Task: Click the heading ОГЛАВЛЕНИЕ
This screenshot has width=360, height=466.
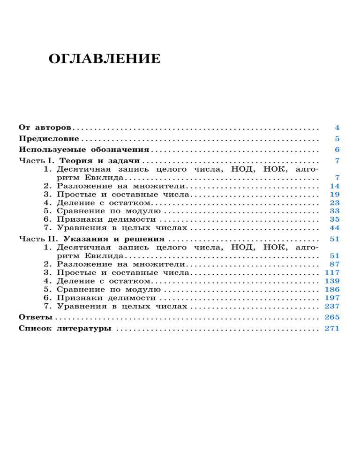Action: (104, 60)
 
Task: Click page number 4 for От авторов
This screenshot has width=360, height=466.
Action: (337, 128)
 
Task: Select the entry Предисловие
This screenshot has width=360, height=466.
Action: (49, 139)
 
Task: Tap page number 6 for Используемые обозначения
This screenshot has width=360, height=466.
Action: (337, 150)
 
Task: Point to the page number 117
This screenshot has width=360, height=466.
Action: (332, 272)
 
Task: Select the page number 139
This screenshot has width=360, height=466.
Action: (332, 281)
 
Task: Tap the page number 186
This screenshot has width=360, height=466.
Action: (332, 289)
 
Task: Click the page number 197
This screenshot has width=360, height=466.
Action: (332, 298)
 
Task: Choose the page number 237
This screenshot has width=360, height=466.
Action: (332, 306)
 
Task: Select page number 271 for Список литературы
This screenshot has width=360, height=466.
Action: (332, 329)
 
